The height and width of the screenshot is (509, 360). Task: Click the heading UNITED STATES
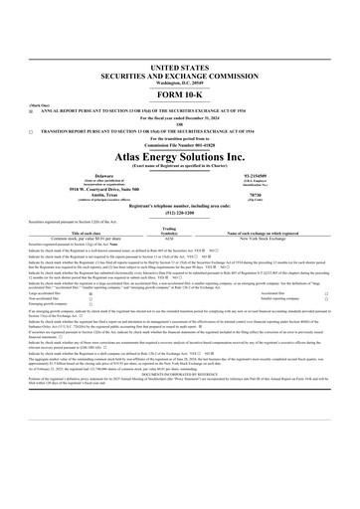pos(180,63)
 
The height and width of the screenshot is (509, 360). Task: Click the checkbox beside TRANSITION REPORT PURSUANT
pos(31,130)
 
